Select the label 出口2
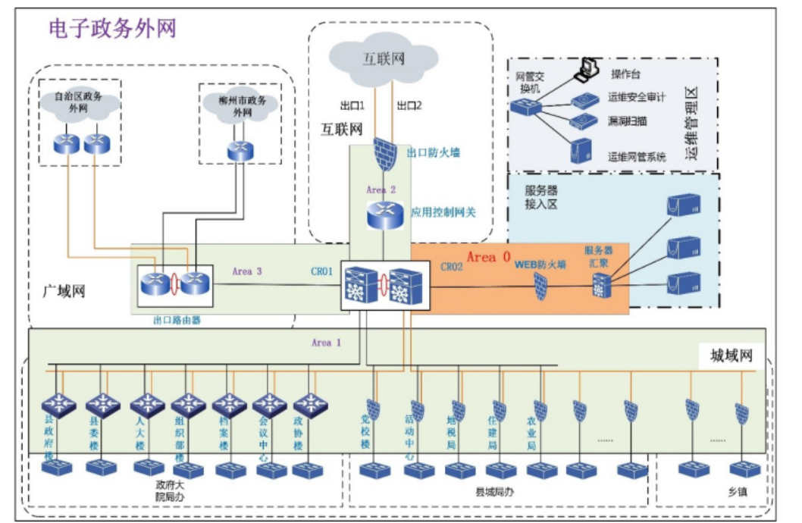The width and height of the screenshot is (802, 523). [x=409, y=105]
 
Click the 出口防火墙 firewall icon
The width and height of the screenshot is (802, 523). [x=385, y=155]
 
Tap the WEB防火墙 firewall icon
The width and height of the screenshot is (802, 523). [x=540, y=286]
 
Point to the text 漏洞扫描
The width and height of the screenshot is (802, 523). [x=627, y=121]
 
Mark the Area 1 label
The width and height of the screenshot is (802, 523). [x=327, y=343]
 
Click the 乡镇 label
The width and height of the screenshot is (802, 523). [x=737, y=491]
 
